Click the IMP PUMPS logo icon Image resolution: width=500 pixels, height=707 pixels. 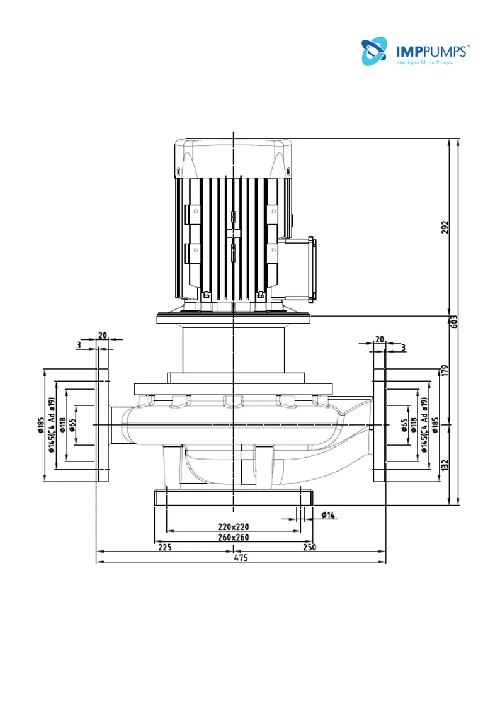coord(374,51)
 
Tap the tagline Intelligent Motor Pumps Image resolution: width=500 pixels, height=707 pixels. coord(424,62)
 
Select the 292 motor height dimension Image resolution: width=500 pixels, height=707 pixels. coord(445,227)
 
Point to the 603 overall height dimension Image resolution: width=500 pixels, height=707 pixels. coord(454,322)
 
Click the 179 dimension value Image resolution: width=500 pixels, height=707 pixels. coord(445,371)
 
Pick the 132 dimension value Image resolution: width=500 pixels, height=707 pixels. coord(445,465)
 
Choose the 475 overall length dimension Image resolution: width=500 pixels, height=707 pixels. coord(241,558)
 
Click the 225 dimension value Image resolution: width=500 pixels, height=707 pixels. coord(165,547)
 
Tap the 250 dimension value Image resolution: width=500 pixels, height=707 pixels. coord(309,547)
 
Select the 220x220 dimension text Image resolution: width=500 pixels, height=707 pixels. coord(233,527)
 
